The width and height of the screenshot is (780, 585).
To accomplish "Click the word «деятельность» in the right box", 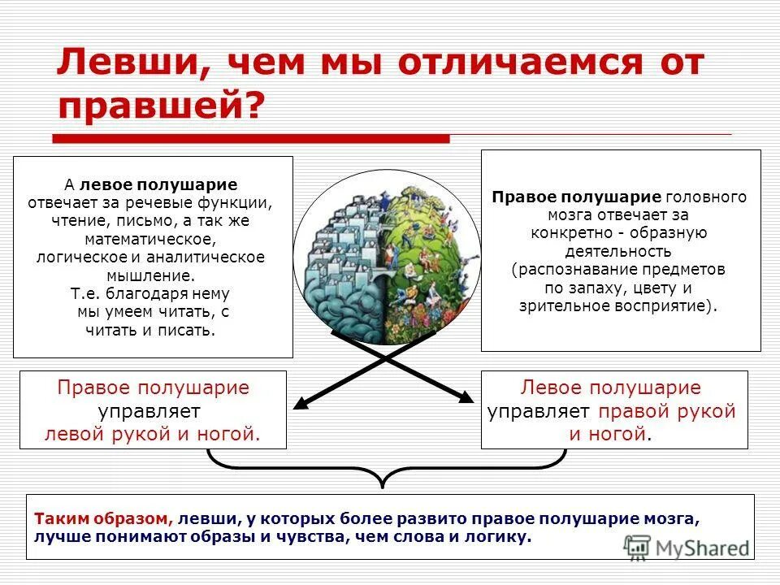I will (620, 251).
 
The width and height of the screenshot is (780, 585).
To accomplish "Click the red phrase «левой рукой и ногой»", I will (152, 434).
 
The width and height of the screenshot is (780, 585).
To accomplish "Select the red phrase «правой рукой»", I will (667, 411).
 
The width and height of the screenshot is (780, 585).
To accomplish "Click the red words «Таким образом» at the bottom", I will (102, 518).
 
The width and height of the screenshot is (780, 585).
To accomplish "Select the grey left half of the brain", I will (341, 260).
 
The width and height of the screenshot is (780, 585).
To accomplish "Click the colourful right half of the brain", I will (422, 260).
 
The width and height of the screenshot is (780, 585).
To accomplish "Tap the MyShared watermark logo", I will (687, 548).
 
